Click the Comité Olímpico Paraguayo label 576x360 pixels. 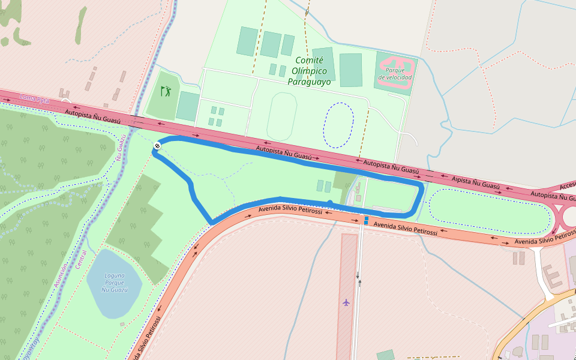309,71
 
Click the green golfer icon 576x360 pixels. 166,91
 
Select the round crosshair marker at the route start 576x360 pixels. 157,146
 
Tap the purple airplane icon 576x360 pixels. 346,302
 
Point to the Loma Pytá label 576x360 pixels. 34,98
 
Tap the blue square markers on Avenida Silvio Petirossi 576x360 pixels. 365,220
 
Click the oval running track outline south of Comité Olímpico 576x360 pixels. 282,116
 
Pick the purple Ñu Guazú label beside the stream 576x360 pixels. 121,147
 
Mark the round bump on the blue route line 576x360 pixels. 329,203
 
